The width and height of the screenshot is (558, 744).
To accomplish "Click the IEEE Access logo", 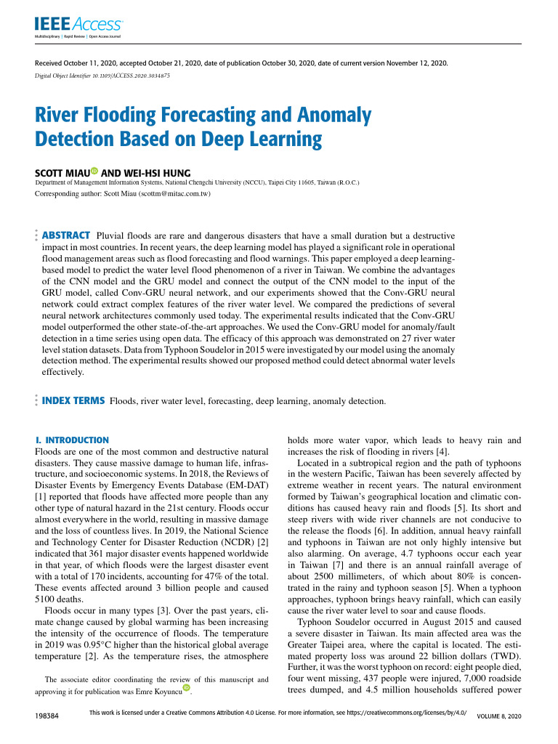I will (x=78, y=25).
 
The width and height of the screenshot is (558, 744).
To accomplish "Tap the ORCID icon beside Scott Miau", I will (x=94, y=172).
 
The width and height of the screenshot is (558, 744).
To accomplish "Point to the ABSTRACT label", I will (x=66, y=235).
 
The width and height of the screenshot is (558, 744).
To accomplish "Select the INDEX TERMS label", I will (x=73, y=400).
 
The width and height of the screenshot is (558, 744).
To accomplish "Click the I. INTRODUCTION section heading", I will (x=72, y=440).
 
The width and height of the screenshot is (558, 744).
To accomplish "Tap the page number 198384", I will (x=47, y=716).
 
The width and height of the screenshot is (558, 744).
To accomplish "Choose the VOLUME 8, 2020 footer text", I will (x=498, y=716).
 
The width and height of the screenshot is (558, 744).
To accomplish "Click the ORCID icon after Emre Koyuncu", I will (x=187, y=687).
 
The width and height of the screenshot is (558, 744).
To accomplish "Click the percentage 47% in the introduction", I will (x=190, y=567).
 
